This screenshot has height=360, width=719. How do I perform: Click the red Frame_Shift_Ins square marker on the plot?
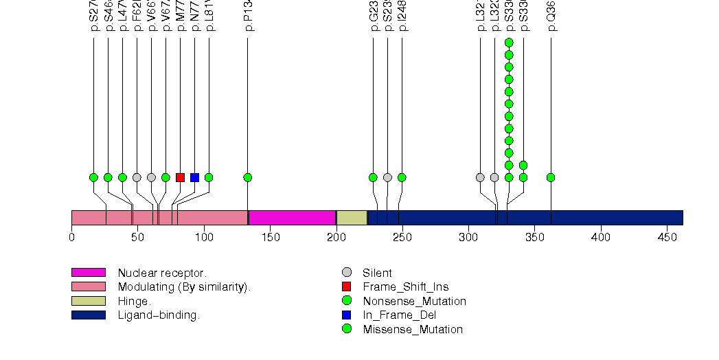pos(180,177)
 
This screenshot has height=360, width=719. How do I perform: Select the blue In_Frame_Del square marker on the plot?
pos(194,177)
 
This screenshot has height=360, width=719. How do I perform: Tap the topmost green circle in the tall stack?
pos(509,43)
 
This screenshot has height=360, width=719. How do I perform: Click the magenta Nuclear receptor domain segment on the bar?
pos(292,218)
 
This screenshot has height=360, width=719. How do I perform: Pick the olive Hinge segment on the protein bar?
pos(352,218)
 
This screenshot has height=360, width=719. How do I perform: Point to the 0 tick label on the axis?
pos(71,237)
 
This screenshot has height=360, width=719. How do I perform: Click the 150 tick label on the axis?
pos(270,237)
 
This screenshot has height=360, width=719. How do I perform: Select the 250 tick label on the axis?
pos(402,237)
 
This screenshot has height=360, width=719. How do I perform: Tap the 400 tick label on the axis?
pos(601,237)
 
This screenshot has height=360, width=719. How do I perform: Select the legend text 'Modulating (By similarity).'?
pos(184,286)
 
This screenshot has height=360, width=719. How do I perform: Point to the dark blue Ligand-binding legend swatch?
pos(88,315)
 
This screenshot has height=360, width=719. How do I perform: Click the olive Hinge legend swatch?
pos(88,301)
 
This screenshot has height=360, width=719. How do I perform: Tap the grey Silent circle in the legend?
pos(347,273)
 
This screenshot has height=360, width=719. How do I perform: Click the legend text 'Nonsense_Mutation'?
pos(414,301)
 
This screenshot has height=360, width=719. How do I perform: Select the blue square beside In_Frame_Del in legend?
pos(347,315)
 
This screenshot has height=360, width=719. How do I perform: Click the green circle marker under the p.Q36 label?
pos(551,177)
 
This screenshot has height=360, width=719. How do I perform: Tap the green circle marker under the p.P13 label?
pos(248,177)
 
